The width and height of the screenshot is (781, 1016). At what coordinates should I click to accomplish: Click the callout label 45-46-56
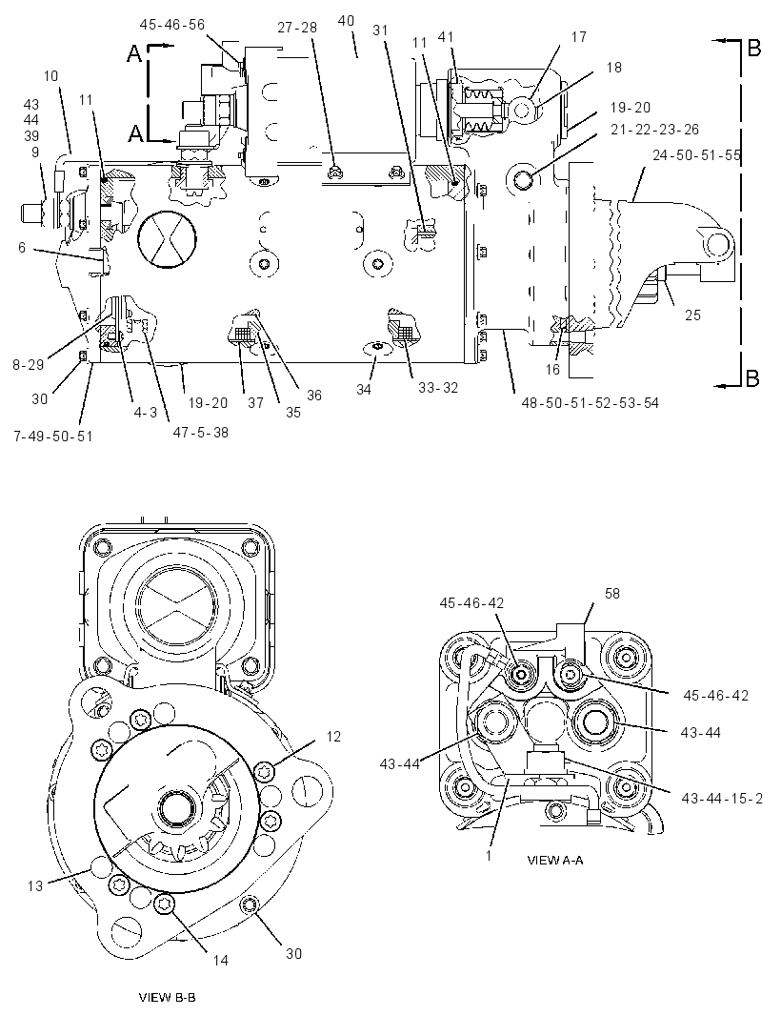171,25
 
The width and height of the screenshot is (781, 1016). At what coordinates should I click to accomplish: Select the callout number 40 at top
346,21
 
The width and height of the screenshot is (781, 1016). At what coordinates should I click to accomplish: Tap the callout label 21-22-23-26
654,130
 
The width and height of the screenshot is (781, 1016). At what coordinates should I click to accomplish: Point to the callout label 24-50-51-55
696,155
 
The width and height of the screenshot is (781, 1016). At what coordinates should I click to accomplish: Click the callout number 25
693,315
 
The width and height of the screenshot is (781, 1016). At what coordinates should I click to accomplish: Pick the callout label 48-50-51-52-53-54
590,403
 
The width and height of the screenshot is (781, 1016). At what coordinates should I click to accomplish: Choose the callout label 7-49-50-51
53,437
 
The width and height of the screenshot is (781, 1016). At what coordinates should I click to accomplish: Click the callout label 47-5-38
201,432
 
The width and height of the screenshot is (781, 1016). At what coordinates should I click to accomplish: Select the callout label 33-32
438,388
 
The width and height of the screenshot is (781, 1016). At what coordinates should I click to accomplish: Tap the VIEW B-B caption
167,997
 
